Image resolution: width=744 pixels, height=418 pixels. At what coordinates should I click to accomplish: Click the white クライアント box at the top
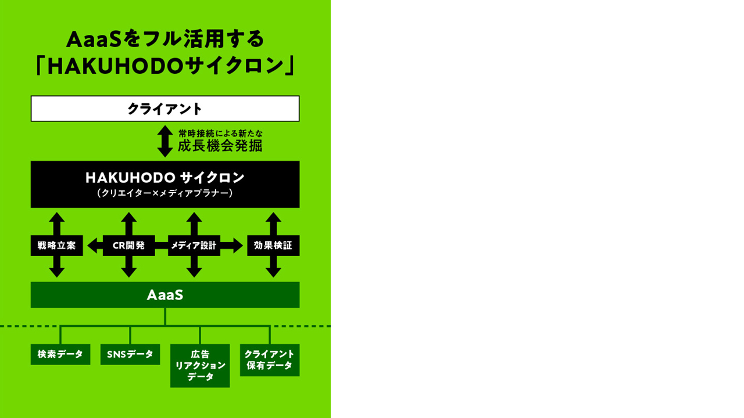coord(165,109)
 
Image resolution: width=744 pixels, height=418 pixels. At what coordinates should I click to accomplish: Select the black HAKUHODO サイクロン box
coord(165,183)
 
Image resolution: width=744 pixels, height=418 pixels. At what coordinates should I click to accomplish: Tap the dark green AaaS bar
coord(165,295)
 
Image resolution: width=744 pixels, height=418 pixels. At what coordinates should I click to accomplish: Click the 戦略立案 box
coord(56,246)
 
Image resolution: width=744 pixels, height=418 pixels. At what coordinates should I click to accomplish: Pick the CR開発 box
coord(128,246)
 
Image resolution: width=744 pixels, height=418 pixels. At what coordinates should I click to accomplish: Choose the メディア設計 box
coord(194,246)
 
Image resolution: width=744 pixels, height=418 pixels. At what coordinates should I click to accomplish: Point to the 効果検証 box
coord(273,246)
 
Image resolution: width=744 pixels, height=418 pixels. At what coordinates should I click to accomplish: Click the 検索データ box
coord(60,354)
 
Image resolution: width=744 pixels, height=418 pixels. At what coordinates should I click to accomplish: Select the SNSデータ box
coord(130,354)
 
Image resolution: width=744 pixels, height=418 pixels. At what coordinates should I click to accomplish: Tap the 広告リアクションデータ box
coord(200,366)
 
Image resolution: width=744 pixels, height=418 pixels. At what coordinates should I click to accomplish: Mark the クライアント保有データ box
coord(270,360)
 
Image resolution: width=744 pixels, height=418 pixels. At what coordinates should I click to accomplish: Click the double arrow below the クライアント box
coord(165,141)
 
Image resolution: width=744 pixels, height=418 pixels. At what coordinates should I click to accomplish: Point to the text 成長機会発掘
coord(220,146)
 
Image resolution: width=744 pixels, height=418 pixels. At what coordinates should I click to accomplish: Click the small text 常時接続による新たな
coord(220,134)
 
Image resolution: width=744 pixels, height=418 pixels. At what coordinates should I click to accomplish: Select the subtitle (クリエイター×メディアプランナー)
coord(165,194)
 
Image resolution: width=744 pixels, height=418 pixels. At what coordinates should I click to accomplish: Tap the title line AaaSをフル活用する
coord(165,39)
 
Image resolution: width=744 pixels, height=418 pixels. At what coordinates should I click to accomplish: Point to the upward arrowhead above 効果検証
coord(273,218)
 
